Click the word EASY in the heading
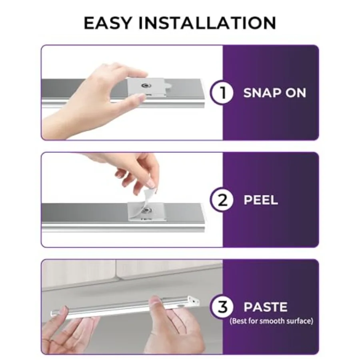108,23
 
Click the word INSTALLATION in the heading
207,23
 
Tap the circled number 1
222,93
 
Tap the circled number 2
222,200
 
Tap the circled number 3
222,307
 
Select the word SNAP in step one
262,93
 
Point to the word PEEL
260,200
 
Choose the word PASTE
266,307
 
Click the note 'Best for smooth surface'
271,321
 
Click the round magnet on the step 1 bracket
146,86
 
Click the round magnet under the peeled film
146,210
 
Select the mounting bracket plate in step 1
146,87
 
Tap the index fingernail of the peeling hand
151,183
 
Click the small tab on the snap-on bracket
168,86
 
